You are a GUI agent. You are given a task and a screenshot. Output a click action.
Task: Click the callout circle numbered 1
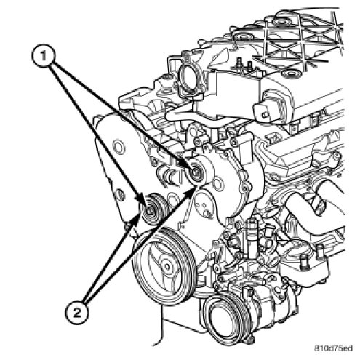pyautogui.click(x=44, y=56)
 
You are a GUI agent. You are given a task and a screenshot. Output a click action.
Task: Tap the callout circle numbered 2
pyautogui.click(x=77, y=313)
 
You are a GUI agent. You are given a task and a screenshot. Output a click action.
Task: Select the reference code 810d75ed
pyautogui.click(x=333, y=348)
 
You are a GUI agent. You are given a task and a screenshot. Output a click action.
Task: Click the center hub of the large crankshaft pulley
pyautogui.click(x=167, y=267)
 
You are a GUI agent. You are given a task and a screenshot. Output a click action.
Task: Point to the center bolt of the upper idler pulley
pyautogui.click(x=195, y=172)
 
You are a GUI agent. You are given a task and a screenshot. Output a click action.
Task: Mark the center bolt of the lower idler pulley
pyautogui.click(x=150, y=211)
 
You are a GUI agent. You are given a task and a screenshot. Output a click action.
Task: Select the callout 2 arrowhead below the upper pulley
pyautogui.click(x=191, y=190)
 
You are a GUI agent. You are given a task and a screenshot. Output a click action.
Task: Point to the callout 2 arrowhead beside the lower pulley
pyautogui.click(x=136, y=217)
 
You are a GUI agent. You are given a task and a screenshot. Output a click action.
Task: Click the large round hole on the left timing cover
pyautogui.click(x=119, y=147)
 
